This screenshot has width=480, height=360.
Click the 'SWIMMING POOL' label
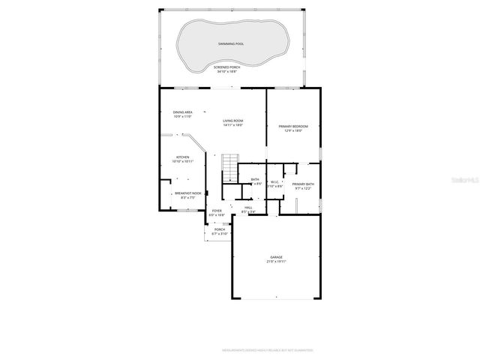(231, 44)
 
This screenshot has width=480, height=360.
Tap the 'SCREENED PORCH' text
(231, 67)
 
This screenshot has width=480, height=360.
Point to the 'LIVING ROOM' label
(232, 120)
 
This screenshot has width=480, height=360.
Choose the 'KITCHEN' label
(183, 157)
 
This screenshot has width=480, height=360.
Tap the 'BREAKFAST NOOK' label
(187, 193)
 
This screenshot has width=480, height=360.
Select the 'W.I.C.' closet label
(274, 181)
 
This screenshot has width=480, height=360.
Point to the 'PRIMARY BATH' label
(303, 184)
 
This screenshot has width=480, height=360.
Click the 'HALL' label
(247, 208)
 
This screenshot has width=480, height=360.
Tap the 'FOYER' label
(217, 211)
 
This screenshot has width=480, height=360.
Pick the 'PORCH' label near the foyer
(220, 229)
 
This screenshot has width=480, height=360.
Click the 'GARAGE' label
(277, 257)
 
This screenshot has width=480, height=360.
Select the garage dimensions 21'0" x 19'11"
(277, 262)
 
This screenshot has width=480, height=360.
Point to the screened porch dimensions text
(231, 71)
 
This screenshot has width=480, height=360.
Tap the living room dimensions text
(232, 124)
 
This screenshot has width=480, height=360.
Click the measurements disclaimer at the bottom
(267, 349)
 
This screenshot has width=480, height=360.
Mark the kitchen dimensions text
(183, 161)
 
